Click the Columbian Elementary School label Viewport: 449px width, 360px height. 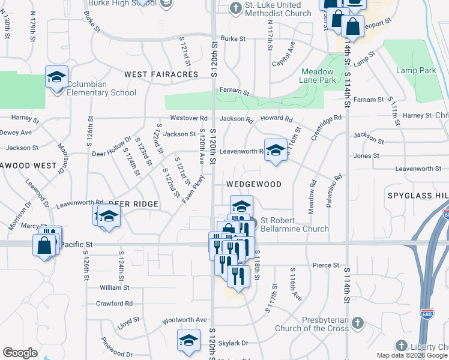tap(101, 88)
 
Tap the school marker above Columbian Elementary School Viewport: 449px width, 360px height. tap(56, 77)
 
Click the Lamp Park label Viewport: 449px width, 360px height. tap(416, 70)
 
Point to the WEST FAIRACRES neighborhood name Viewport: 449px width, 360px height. tap(161, 74)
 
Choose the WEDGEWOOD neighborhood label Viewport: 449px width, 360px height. tap(253, 184)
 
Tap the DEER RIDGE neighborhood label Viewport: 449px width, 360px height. tap(134, 204)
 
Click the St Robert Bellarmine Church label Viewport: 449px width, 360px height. tap(294, 228)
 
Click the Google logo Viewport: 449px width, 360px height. tap(20, 353)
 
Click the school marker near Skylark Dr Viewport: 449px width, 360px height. tap(188, 340)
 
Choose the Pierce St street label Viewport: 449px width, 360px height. tap(327, 265)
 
